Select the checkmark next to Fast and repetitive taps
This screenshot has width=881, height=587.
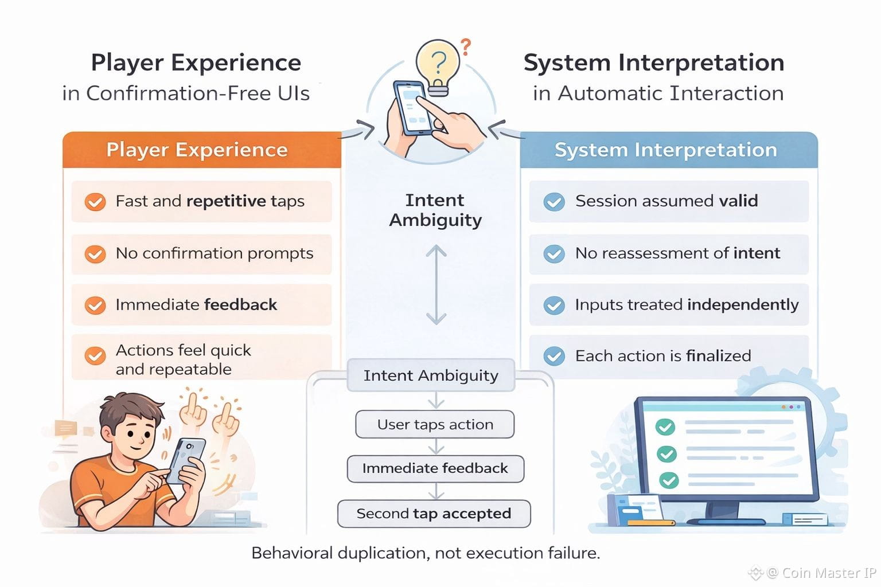click(x=95, y=202)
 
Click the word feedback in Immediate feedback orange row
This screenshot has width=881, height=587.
click(x=240, y=304)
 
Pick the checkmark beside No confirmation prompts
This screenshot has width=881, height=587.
click(x=95, y=253)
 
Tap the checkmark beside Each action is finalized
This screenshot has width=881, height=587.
click(x=554, y=356)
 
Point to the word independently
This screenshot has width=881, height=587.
click(x=743, y=304)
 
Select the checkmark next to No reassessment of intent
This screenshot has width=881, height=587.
click(x=554, y=253)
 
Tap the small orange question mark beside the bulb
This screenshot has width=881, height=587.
click(x=466, y=46)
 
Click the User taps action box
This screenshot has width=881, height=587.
click(x=435, y=424)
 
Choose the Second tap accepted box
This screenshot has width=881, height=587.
click(x=434, y=514)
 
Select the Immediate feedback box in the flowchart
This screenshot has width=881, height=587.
click(x=435, y=468)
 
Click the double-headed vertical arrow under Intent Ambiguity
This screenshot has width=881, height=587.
click(x=436, y=284)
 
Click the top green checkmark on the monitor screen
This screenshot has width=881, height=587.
click(x=665, y=426)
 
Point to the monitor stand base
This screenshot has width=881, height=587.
click(x=726, y=520)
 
